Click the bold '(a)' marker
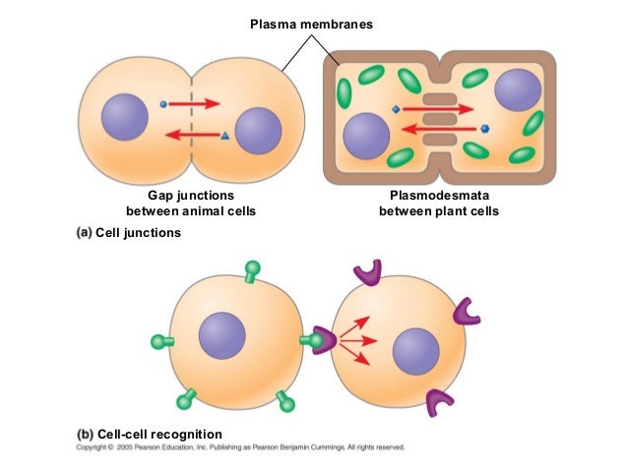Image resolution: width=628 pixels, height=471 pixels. pyautogui.click(x=84, y=233)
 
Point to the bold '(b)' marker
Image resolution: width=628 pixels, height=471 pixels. pyautogui.click(x=84, y=434)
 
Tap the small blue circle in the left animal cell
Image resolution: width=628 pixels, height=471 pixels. pyautogui.click(x=163, y=101)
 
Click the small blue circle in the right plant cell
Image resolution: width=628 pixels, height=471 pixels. pyautogui.click(x=485, y=128)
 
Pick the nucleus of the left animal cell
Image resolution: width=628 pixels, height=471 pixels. pyautogui.click(x=124, y=117)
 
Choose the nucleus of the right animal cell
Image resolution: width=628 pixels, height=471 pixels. pyautogui.click(x=259, y=132)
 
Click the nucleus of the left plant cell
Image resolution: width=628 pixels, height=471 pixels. pyautogui.click(x=365, y=135)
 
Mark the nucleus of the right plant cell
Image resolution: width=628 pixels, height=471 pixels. pyautogui.click(x=517, y=90)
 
